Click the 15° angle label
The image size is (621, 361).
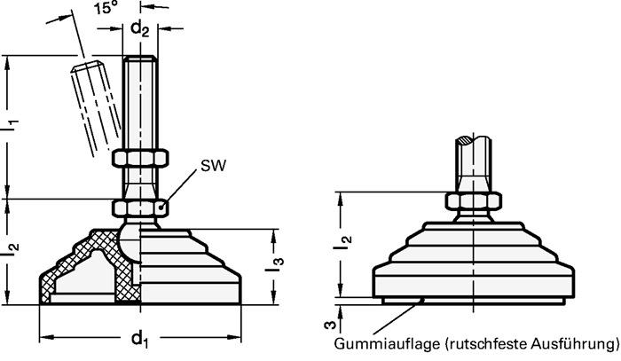[x=106, y=11]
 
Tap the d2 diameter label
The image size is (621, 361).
[x=140, y=28]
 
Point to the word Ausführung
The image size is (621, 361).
[x=572, y=344]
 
